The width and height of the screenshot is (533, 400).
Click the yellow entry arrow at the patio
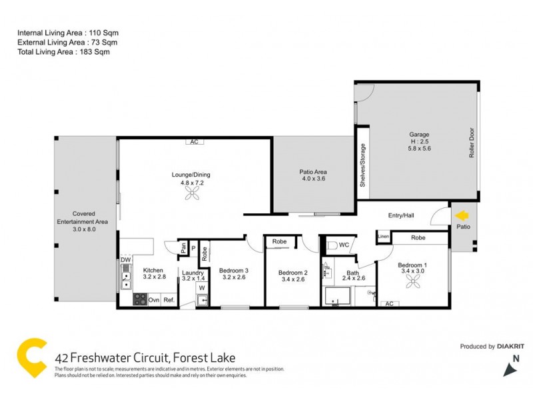[x=460, y=215]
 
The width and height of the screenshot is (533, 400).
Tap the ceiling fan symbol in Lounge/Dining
[x=191, y=193]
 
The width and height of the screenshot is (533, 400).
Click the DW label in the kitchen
[x=125, y=260]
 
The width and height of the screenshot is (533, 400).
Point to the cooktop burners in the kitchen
[x=140, y=299]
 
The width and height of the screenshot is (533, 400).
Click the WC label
[x=344, y=245]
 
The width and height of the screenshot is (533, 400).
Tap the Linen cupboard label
[x=382, y=237]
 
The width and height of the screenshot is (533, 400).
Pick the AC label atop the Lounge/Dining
[x=194, y=141]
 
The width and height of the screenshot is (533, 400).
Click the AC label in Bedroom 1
[x=388, y=303]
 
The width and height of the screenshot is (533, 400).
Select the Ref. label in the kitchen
[x=169, y=300]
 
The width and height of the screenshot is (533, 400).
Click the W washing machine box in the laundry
[x=201, y=288]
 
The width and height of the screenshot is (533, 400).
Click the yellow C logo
[x=31, y=359]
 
